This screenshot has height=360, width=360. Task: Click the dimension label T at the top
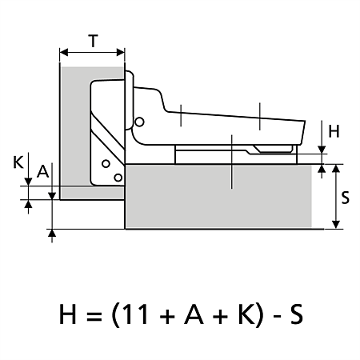93,41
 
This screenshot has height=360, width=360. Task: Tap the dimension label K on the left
18,162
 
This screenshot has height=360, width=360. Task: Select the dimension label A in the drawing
43,171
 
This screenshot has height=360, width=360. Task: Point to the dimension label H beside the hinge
334,131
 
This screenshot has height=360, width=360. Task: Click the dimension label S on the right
345,198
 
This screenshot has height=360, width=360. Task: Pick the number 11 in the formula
137,314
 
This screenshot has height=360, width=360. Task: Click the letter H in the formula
67,314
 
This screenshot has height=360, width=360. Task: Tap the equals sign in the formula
93,315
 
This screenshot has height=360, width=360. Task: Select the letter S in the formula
296,314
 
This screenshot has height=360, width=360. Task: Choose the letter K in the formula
247,314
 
